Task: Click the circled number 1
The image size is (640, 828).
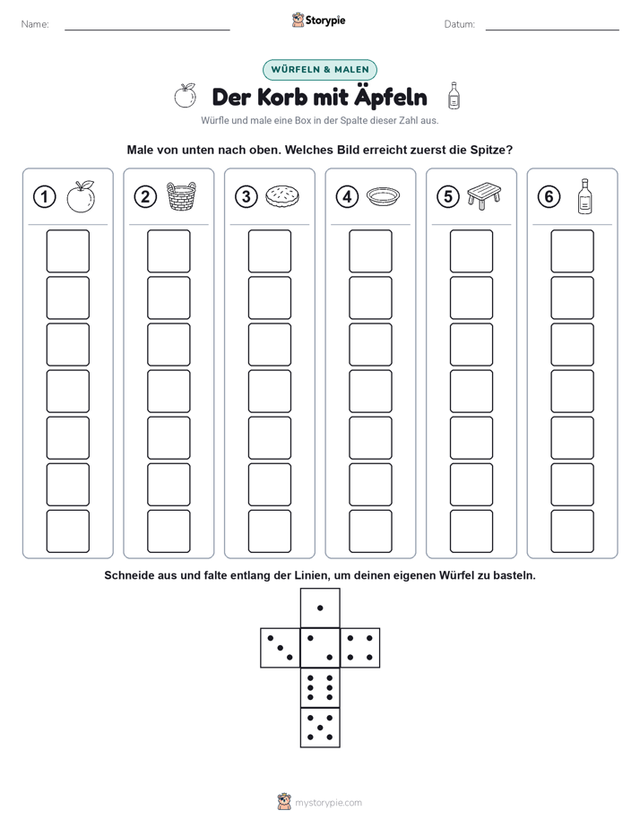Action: click(x=44, y=197)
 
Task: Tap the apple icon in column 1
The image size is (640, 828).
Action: click(x=81, y=196)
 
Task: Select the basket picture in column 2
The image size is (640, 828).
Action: click(x=181, y=196)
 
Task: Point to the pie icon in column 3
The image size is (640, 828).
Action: click(x=282, y=196)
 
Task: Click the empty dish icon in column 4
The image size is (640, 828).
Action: click(x=384, y=196)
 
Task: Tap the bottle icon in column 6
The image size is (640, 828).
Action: click(x=584, y=196)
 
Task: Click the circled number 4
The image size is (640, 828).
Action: click(x=347, y=197)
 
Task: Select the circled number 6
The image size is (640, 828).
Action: click(x=549, y=197)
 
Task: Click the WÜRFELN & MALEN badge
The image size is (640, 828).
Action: click(x=320, y=70)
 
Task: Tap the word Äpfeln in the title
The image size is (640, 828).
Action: click(x=391, y=98)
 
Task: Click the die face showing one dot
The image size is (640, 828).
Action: click(x=320, y=608)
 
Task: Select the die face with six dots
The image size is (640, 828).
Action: click(x=320, y=687)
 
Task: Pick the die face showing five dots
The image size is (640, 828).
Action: click(x=320, y=728)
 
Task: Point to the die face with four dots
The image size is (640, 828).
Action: click(x=360, y=647)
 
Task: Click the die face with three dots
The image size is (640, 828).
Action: click(x=281, y=647)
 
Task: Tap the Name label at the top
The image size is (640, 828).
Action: click(x=35, y=24)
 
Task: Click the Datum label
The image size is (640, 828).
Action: click(x=460, y=24)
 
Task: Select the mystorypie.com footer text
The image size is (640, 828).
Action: click(x=328, y=803)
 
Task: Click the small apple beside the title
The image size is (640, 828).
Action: click(x=186, y=96)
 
